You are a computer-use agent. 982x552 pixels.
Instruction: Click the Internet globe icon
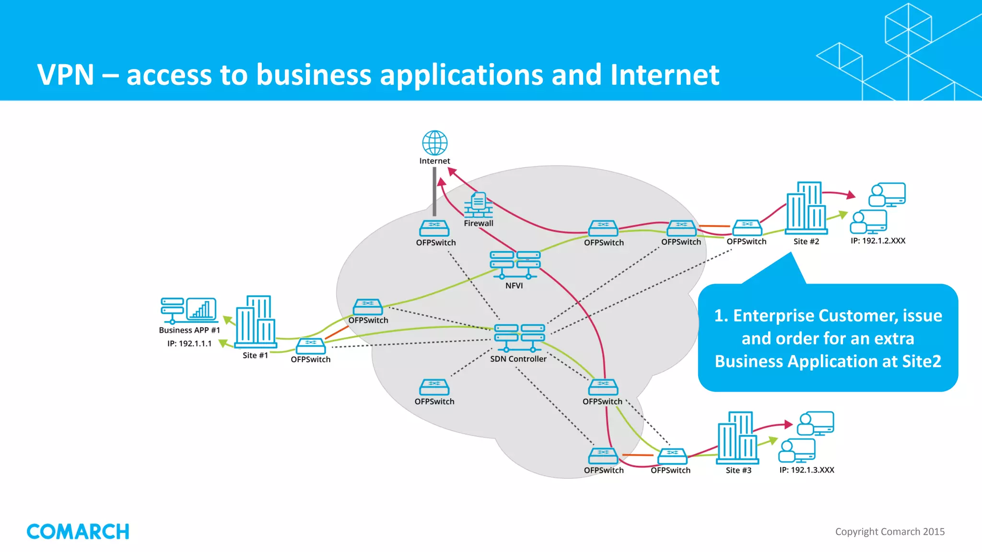click(434, 142)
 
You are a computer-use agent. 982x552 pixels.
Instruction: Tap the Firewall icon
click(478, 205)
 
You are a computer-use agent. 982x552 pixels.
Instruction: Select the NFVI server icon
click(515, 264)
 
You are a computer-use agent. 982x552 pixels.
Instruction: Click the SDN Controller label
click(518, 359)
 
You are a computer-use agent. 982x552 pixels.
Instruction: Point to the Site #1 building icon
click(256, 322)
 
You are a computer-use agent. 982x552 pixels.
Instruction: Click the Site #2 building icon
click(807, 207)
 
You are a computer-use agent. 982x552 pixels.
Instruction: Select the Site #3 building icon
click(737, 437)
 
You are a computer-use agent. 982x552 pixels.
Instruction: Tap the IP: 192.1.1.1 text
click(189, 344)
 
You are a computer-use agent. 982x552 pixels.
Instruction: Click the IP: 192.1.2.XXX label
click(877, 241)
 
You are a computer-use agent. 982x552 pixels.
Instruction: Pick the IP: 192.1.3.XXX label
click(807, 470)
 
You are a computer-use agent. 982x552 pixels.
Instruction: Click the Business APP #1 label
click(189, 330)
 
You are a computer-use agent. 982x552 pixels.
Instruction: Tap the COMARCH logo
click(78, 531)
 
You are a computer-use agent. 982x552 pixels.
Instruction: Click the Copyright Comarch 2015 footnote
click(889, 531)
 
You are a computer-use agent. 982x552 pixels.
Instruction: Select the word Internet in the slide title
click(664, 75)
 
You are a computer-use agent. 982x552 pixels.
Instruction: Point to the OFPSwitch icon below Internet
click(434, 228)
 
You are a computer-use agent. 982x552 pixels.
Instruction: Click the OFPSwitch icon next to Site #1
click(310, 346)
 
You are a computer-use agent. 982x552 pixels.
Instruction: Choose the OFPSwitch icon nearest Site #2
click(747, 228)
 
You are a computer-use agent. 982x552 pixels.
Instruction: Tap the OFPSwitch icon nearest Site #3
click(672, 456)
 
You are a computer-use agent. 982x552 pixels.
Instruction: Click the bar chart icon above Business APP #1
click(201, 309)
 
